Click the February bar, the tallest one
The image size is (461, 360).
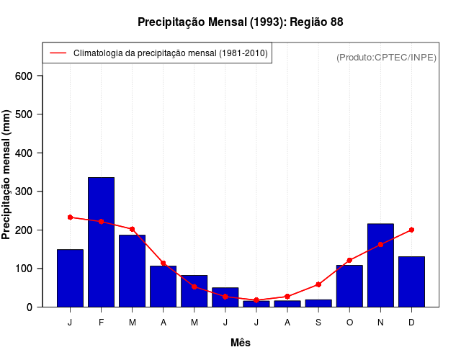tap(101, 242)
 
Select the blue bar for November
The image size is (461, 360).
tap(380, 265)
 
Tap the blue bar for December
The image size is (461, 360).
tap(411, 282)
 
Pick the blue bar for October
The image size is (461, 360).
tap(349, 286)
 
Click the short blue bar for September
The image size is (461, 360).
tap(318, 303)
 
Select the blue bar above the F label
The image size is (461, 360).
tap(101, 242)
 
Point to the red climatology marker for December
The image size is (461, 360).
tap(411, 230)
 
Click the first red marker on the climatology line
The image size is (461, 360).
tap(70, 217)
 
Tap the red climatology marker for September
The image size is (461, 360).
tap(318, 284)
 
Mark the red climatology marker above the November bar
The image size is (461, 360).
tap(380, 245)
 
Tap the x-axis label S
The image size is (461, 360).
tap(318, 322)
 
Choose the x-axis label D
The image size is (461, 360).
tap(411, 322)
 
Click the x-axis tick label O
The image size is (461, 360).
tap(349, 322)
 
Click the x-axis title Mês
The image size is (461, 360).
tap(241, 343)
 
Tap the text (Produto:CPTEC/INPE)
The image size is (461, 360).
tap(386, 57)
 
